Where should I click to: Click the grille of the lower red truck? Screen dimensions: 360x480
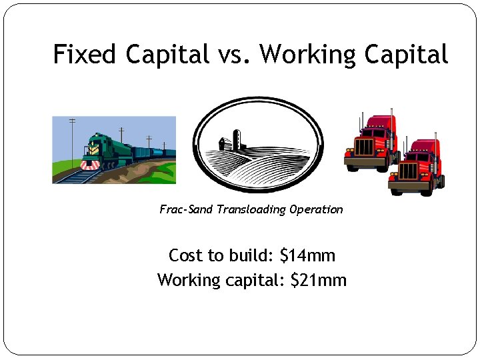click(409, 171)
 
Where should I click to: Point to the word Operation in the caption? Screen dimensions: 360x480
click(317, 209)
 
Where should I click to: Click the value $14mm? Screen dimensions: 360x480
click(307, 255)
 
